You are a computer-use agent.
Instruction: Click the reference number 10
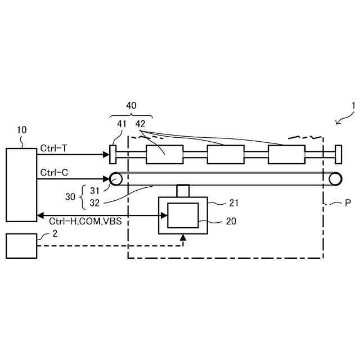(21, 130)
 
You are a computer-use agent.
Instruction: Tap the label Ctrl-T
(53, 148)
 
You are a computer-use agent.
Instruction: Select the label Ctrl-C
(54, 172)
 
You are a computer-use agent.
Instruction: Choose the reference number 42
(141, 123)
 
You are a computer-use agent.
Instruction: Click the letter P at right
(348, 204)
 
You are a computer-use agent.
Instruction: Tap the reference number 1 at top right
(353, 105)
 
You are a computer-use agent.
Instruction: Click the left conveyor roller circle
(116, 179)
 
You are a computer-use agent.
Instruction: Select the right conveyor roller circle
(336, 179)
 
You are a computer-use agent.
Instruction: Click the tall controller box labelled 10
(21, 185)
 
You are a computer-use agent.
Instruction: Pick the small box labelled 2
(21, 246)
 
